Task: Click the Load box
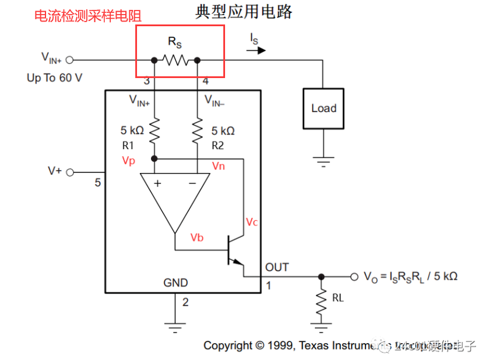tap(324, 108)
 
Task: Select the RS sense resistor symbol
tap(175, 59)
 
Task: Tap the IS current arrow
tap(257, 50)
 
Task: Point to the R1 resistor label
tap(128, 146)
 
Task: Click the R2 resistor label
tap(217, 146)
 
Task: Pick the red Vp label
tap(128, 160)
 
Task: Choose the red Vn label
tap(218, 166)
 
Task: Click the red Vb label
tap(197, 238)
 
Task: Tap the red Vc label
tap(252, 222)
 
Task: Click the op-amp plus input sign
tap(157, 183)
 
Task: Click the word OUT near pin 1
tap(277, 267)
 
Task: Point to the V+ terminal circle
tap(71, 172)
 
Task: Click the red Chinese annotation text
tap(88, 16)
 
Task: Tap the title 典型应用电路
tap(244, 12)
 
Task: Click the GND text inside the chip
tap(175, 283)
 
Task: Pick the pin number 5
tap(97, 183)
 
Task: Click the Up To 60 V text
tap(55, 77)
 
